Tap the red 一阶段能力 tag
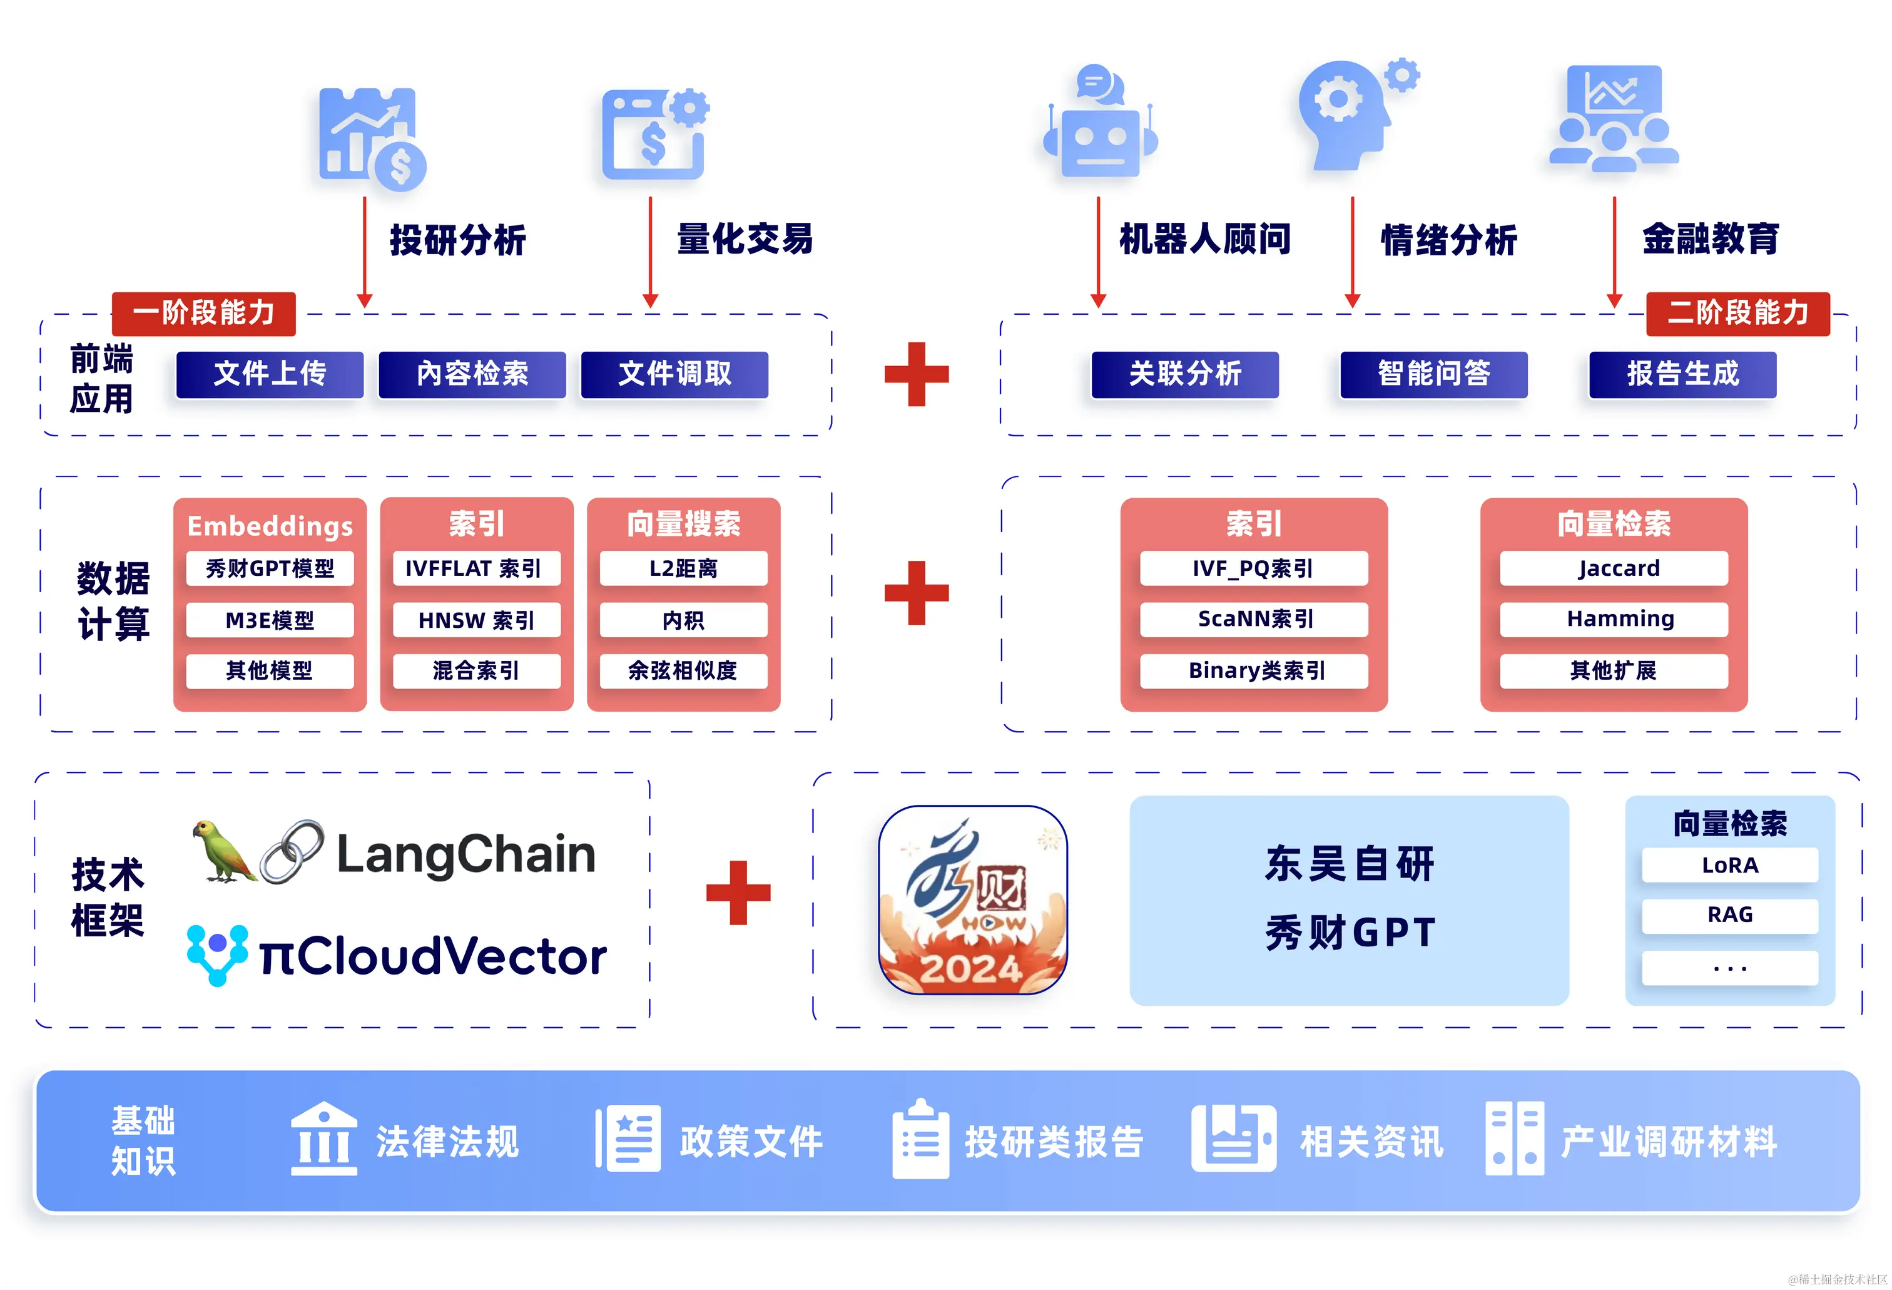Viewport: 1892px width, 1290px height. click(203, 313)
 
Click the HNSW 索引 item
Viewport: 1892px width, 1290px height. click(476, 620)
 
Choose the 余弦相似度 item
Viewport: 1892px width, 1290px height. click(683, 670)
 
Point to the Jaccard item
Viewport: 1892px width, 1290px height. click(1614, 568)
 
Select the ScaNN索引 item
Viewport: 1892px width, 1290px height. click(1254, 619)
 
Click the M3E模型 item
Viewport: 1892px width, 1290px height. click(270, 620)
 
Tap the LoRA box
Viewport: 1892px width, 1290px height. click(1729, 865)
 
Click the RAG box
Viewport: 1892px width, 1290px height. click(1729, 914)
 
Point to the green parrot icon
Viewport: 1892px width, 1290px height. click(221, 851)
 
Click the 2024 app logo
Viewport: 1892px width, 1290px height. click(973, 900)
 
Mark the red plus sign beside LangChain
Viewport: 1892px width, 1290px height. click(738, 893)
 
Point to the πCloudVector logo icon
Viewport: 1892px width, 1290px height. click(216, 954)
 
